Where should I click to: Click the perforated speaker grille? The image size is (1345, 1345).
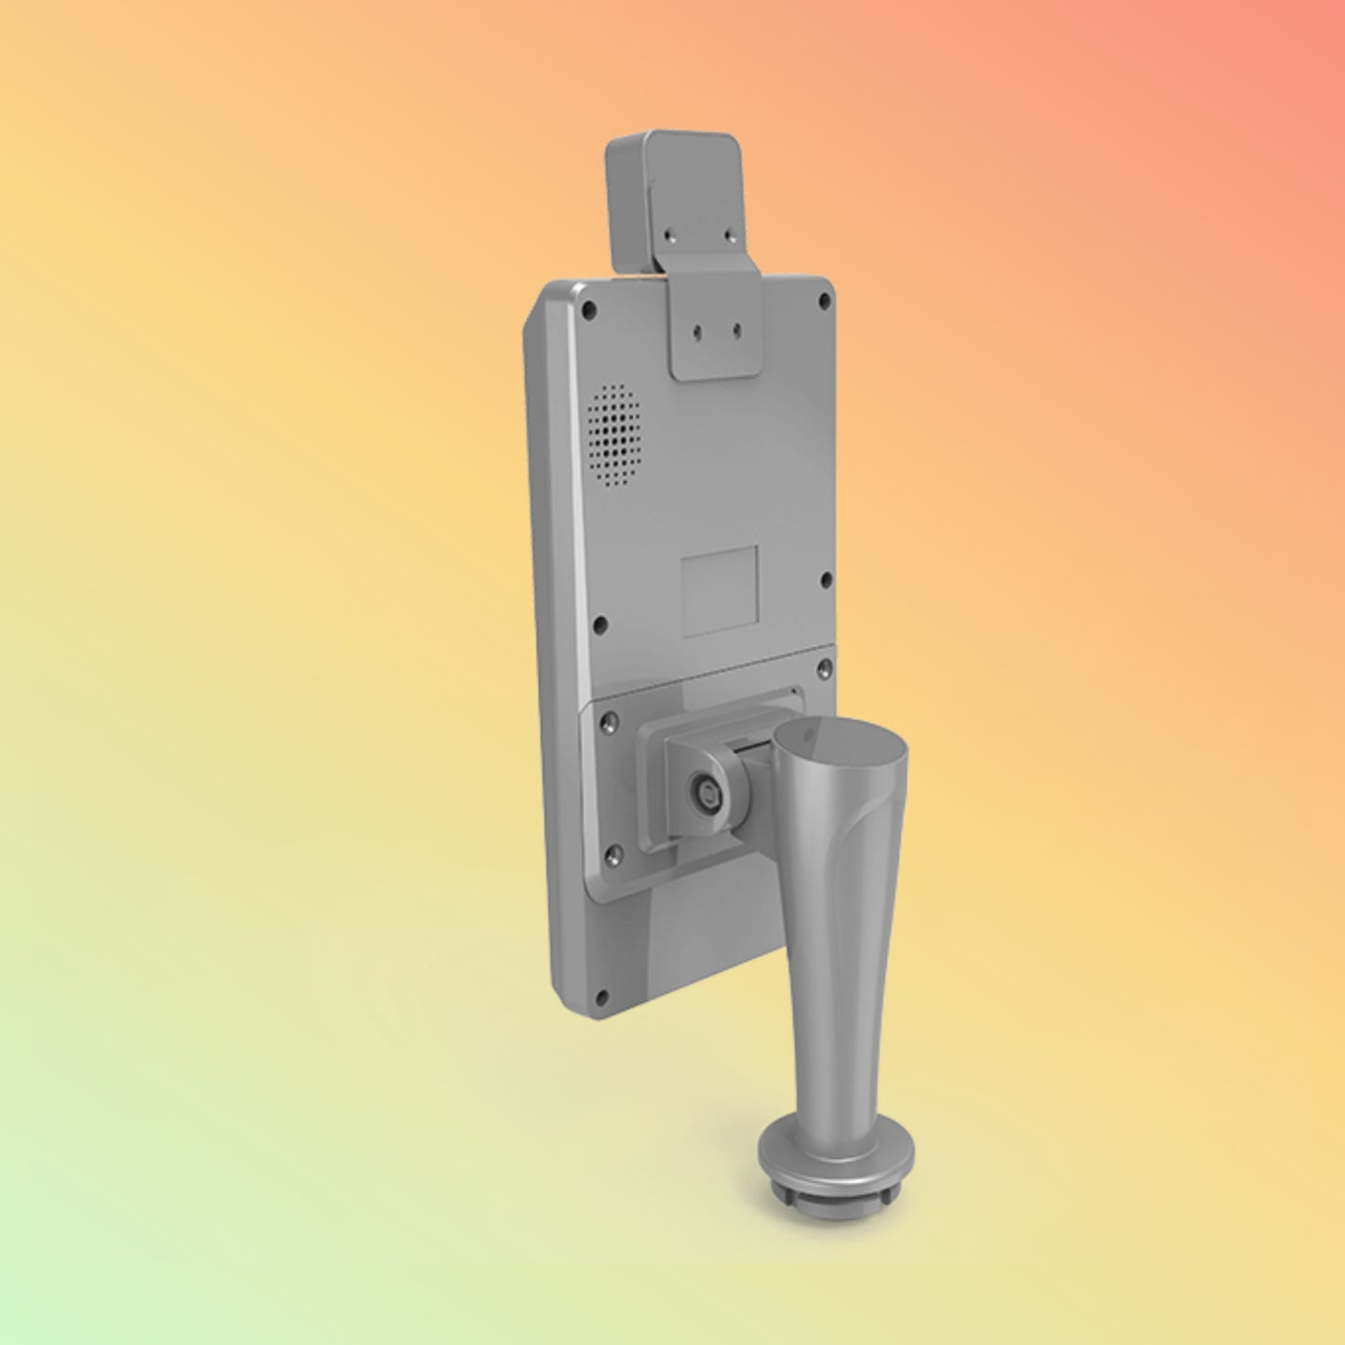point(614,436)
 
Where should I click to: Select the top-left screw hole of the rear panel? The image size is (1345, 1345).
point(588,303)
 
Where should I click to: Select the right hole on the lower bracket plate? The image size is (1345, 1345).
point(736,330)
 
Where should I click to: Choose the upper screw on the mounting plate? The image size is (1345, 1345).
point(609,720)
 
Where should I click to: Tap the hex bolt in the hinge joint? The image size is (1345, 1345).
point(703,793)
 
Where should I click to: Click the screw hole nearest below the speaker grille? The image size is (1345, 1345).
point(600,624)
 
